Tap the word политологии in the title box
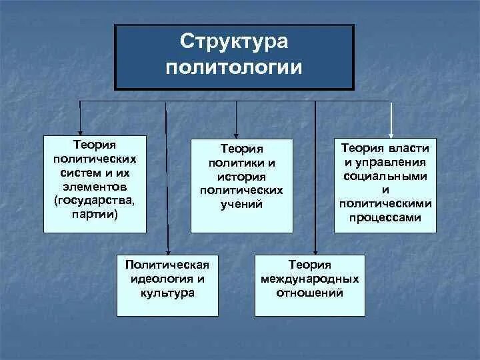coord(233,67)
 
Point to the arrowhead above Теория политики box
coord(235,133)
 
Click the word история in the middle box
coord(241,177)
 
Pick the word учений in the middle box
coord(241,204)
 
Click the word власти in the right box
coord(406,148)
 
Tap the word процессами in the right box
coord(385,218)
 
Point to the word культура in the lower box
coord(167,292)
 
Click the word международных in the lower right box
coord(310,278)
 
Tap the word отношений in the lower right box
coord(310,292)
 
